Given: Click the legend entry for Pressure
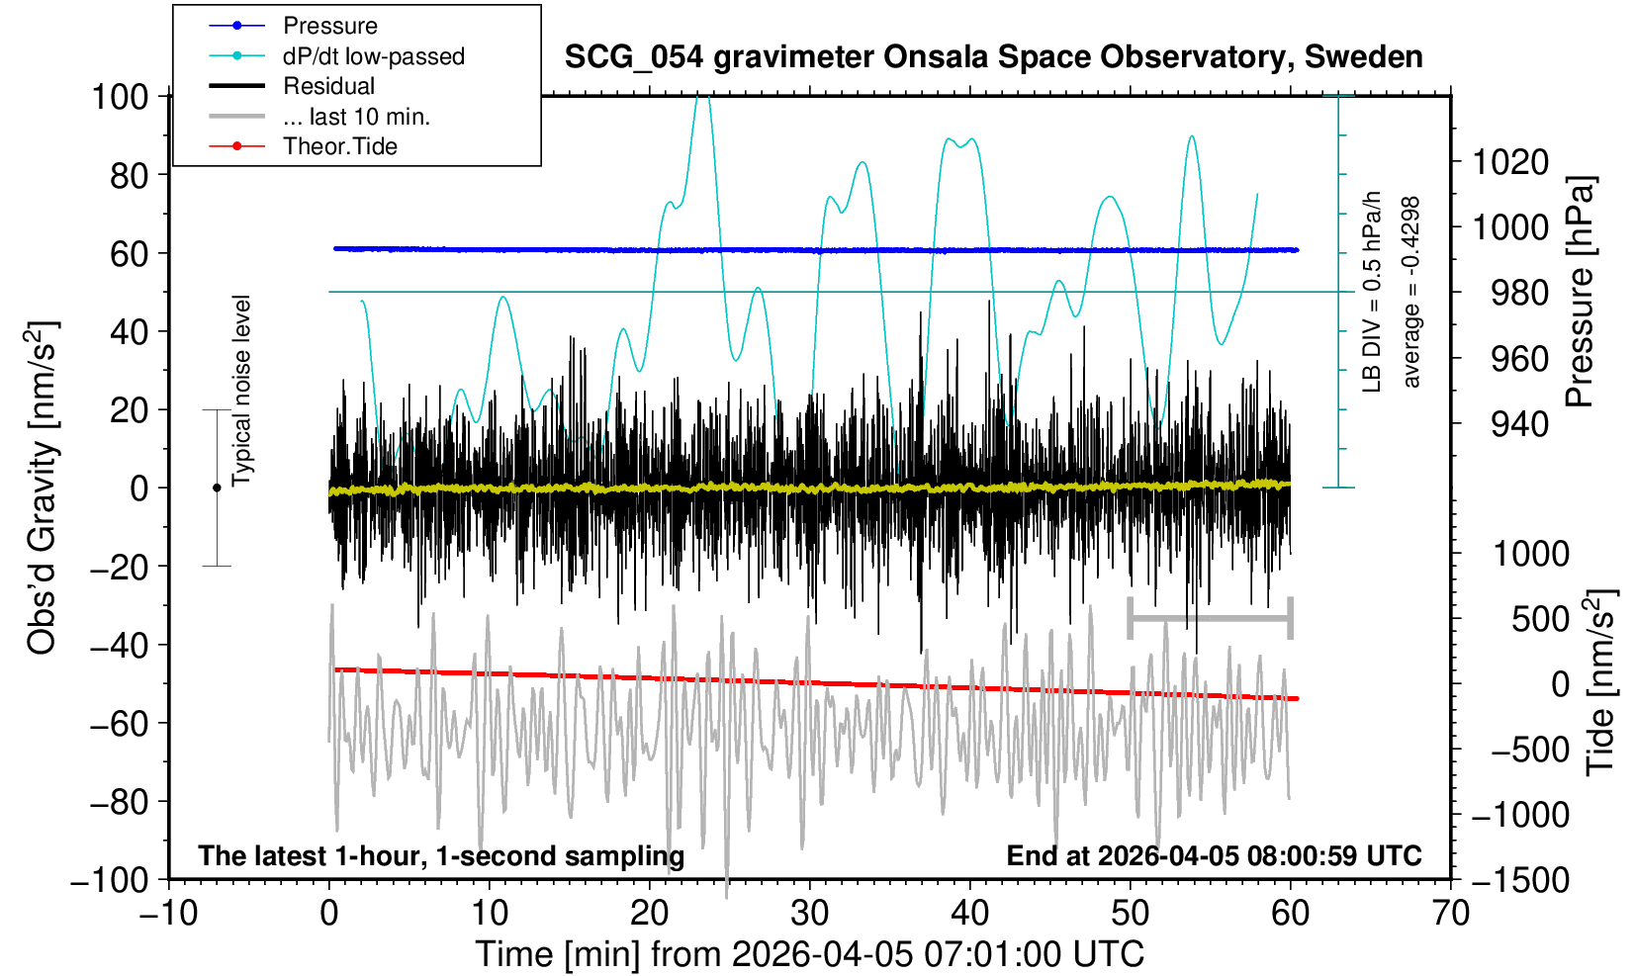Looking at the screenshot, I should tap(329, 26).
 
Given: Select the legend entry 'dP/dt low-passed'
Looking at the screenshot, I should tap(373, 56).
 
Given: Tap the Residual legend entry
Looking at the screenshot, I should tap(328, 86).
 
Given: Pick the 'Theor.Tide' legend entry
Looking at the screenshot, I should tap(339, 146).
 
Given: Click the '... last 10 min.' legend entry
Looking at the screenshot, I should tap(355, 117).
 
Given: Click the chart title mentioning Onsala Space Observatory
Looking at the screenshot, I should tap(993, 57).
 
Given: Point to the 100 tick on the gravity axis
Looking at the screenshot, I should tap(120, 97).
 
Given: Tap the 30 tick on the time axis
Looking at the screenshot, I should tap(809, 913).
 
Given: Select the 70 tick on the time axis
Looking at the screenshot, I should tap(1450, 913).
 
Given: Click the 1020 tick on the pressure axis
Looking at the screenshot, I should tap(1510, 161).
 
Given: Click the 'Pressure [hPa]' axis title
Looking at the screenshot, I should tap(1580, 293).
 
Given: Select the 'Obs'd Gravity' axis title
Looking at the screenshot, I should tap(43, 488).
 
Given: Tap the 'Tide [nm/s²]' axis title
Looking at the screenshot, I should tap(1599, 682).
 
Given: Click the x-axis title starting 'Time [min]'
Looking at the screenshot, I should tap(809, 954).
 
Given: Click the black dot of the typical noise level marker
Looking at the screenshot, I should tap(217, 488).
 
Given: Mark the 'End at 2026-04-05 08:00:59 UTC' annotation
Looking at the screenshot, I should tap(1214, 855).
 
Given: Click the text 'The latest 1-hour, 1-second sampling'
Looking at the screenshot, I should tap(441, 855).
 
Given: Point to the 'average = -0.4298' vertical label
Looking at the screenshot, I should tap(1411, 293).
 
